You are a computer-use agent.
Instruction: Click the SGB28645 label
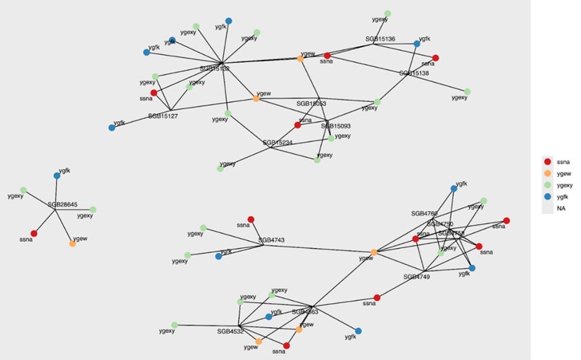[x=63, y=204]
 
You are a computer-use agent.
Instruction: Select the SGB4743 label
[x=271, y=240]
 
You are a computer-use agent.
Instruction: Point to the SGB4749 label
[x=417, y=277]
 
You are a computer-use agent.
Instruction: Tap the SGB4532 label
[x=230, y=330]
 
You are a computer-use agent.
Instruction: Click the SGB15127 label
[x=163, y=116]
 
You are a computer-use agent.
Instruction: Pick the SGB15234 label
[x=278, y=142]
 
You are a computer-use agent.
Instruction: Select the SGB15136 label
[x=380, y=39]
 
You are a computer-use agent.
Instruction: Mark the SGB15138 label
[x=414, y=73]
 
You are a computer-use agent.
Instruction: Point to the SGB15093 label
[x=336, y=126]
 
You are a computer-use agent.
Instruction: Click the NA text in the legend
[x=561, y=209]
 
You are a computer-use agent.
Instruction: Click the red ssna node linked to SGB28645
[x=34, y=233]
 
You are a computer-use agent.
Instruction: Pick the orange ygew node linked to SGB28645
[x=73, y=244]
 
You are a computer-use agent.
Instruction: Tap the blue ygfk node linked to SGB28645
[x=57, y=175]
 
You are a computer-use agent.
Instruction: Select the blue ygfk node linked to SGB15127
[x=112, y=128]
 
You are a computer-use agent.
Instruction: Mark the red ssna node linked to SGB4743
[x=251, y=219]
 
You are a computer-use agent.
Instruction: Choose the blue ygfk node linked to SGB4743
[x=218, y=256]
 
